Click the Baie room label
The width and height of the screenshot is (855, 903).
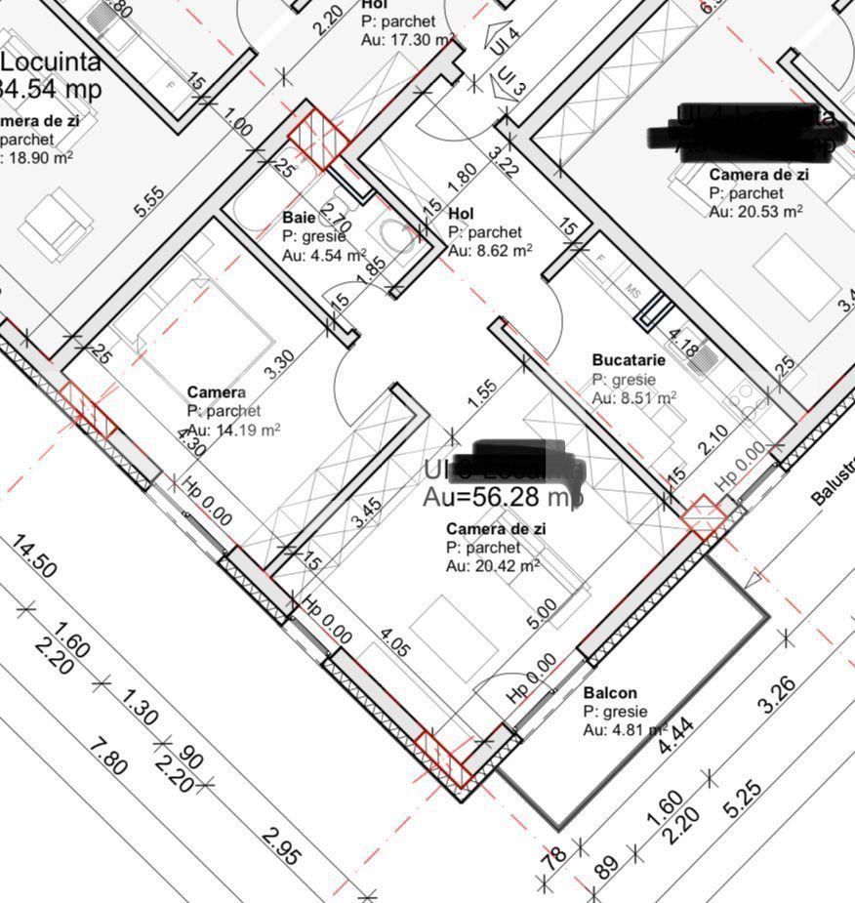[300, 218]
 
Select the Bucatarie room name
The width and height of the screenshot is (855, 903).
[629, 360]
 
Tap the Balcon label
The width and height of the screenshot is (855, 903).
[610, 693]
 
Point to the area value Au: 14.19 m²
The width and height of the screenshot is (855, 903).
[233, 430]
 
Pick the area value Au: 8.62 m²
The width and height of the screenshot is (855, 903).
[490, 251]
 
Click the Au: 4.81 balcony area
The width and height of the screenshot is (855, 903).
[624, 730]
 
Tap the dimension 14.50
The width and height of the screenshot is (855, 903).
[35, 555]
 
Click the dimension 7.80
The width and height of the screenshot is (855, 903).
[106, 757]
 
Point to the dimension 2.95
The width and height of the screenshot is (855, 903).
[281, 846]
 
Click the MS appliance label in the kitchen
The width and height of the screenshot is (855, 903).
[632, 292]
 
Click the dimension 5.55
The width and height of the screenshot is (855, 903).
[149, 201]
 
